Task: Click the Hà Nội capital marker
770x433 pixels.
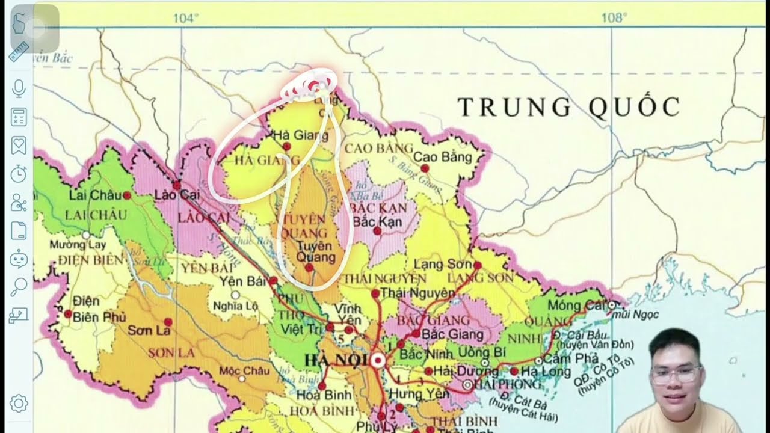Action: [378, 361]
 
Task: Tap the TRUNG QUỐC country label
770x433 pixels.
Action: [568, 108]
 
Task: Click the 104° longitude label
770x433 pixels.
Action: [185, 18]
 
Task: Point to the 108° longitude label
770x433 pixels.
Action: [614, 18]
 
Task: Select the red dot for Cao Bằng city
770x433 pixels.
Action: [425, 168]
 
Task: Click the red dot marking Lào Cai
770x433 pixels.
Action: [177, 185]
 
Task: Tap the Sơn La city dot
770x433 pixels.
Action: [168, 322]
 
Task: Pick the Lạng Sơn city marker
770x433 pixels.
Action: [477, 265]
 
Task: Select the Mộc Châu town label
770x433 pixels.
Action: [244, 370]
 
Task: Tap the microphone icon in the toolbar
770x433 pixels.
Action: [19, 88]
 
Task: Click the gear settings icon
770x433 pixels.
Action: [19, 402]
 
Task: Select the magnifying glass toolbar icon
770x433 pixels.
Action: [19, 286]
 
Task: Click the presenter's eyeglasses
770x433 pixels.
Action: [677, 376]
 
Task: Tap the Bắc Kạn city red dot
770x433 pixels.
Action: [377, 230]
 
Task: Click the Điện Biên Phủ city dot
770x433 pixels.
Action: [68, 313]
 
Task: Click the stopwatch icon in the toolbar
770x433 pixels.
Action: [19, 174]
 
